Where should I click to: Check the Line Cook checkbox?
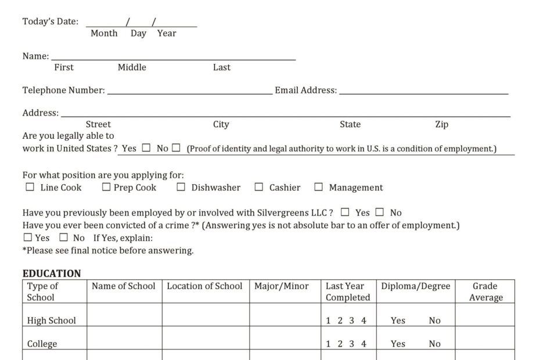click(30, 187)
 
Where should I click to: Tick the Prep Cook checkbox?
click(106, 187)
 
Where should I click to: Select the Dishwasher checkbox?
click(181, 187)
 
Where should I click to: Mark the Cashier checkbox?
click(260, 187)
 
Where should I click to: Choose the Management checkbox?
click(318, 187)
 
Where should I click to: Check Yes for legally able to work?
click(146, 147)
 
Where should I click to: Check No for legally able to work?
click(176, 147)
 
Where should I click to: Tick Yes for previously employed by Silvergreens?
click(345, 212)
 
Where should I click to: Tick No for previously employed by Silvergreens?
click(380, 212)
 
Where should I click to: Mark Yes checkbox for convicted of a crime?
click(28, 237)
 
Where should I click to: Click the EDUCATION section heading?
click(52, 273)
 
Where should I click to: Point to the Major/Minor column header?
click(282, 286)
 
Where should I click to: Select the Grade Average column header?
click(485, 291)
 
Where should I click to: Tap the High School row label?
click(52, 321)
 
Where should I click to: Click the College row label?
click(42, 344)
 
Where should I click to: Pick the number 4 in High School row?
click(364, 321)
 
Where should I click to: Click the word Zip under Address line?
click(442, 124)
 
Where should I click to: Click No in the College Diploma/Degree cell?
click(435, 344)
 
